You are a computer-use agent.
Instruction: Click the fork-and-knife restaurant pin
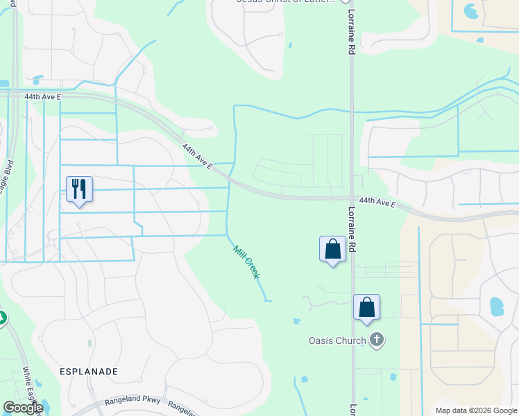point(79,189)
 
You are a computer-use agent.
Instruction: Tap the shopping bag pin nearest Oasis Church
point(366,307)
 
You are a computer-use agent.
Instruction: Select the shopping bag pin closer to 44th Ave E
point(332,249)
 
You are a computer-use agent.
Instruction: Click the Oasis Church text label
point(337,340)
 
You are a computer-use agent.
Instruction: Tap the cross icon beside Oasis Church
point(377,340)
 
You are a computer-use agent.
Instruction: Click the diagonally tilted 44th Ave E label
point(196,157)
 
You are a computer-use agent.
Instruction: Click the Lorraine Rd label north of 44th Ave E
point(352,35)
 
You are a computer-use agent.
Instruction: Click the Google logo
point(24,408)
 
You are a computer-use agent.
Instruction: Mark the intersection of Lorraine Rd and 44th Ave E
point(352,199)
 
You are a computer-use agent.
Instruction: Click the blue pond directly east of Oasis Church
point(495,305)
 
